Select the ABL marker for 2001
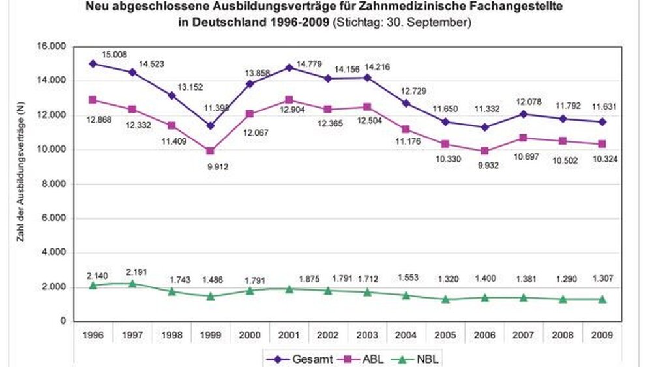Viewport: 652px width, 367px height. tap(289, 99)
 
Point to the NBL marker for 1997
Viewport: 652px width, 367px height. tap(132, 284)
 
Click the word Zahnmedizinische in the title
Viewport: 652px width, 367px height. tap(391, 8)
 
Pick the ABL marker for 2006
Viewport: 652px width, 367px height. tap(485, 151)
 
